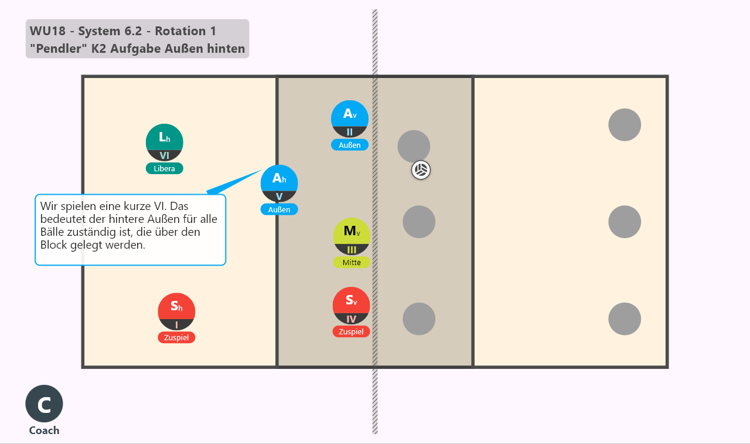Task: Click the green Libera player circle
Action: pyautogui.click(x=165, y=143)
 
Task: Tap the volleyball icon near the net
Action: pyautogui.click(x=421, y=170)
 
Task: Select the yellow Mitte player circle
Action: pyautogui.click(x=352, y=236)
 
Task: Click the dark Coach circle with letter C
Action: pyautogui.click(x=44, y=404)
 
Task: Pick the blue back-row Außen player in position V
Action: pyautogui.click(x=279, y=184)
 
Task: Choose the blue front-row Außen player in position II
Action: pyautogui.click(x=350, y=119)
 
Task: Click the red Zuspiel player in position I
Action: pyautogui.click(x=176, y=311)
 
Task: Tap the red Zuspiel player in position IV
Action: pyautogui.click(x=351, y=306)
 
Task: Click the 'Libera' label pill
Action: pyautogui.click(x=165, y=168)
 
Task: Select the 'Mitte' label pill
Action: pyautogui.click(x=352, y=262)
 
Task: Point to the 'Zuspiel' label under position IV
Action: pyautogui.click(x=351, y=331)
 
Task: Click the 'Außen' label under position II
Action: pyautogui.click(x=350, y=145)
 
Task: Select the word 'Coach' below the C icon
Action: pyautogui.click(x=44, y=431)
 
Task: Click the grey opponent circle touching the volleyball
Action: pyautogui.click(x=414, y=147)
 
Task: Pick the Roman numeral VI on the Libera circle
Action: pyautogui.click(x=165, y=156)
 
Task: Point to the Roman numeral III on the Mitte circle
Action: pyautogui.click(x=352, y=250)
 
